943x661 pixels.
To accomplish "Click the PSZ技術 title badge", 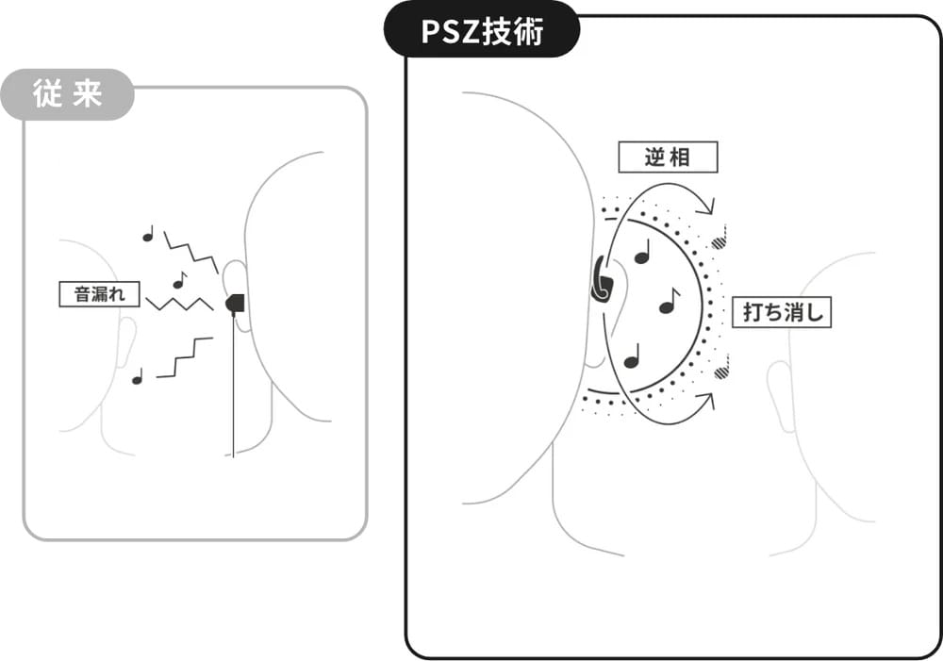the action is [482, 30].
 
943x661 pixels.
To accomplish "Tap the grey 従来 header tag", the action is [67, 94].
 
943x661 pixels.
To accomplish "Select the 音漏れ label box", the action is [99, 294].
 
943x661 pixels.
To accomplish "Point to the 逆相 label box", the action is [668, 157].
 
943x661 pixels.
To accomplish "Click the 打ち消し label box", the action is [781, 312].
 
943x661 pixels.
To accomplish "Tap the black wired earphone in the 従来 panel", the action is [236, 303].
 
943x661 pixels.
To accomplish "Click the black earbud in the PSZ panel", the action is [602, 279].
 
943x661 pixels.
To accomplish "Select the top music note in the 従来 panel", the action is [148, 233].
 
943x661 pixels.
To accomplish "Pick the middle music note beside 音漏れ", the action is [179, 280].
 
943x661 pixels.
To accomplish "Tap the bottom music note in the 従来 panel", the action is [138, 376].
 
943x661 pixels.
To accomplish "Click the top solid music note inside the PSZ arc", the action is [643, 252].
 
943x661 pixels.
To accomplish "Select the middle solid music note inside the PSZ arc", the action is [669, 301].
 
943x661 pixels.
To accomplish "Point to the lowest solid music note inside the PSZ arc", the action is [632, 356].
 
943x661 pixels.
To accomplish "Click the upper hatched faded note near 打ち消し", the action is [720, 239].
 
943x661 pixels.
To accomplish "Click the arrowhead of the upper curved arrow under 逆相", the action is [708, 207].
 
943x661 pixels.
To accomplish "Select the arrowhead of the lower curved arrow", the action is [708, 400].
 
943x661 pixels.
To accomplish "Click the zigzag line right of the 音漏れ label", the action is [180, 304].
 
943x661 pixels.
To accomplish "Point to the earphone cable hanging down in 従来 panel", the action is [233, 385].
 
